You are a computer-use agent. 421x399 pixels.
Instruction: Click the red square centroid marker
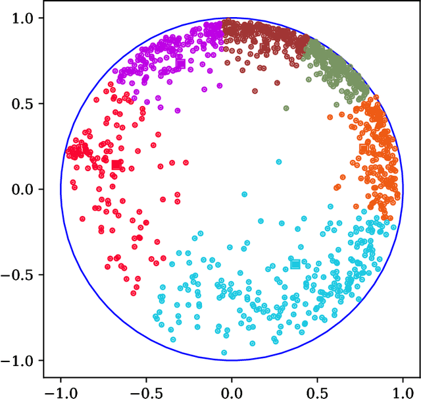coord(116,165)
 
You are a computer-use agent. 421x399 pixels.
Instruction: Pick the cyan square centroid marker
coord(295,264)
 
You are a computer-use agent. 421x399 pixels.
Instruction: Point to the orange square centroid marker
coord(363,149)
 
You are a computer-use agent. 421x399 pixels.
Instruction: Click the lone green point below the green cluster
coord(285,109)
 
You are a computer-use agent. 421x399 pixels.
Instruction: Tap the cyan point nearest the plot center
coord(245,194)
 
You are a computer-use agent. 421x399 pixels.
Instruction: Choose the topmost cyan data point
coord(279,161)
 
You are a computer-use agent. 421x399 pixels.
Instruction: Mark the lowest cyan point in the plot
coord(224,353)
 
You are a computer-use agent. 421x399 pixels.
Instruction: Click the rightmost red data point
coord(186,162)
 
